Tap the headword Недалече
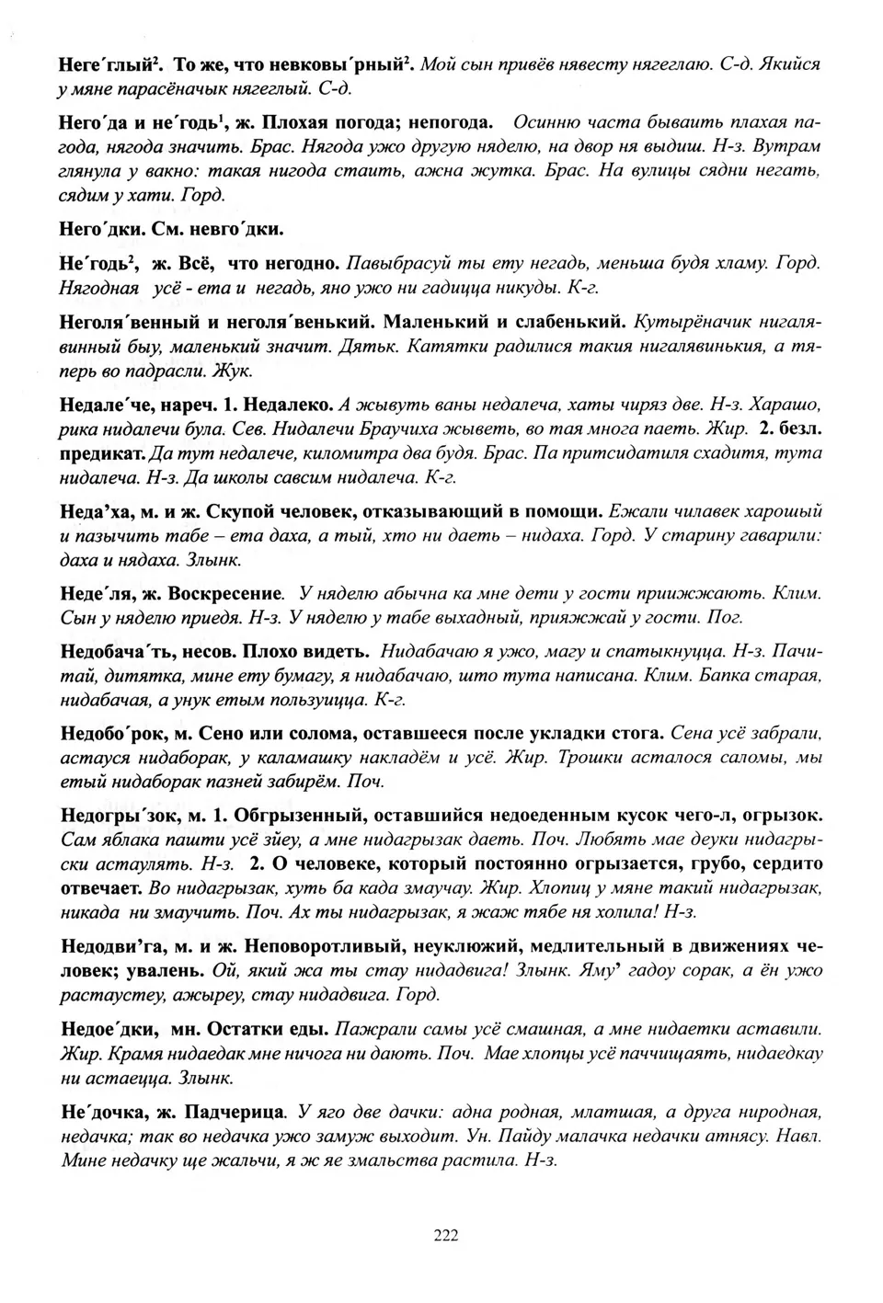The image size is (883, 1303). click(x=118, y=406)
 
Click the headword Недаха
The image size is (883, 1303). click(x=99, y=511)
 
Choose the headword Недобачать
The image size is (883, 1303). click(x=124, y=652)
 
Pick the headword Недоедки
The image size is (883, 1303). click(x=108, y=1028)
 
